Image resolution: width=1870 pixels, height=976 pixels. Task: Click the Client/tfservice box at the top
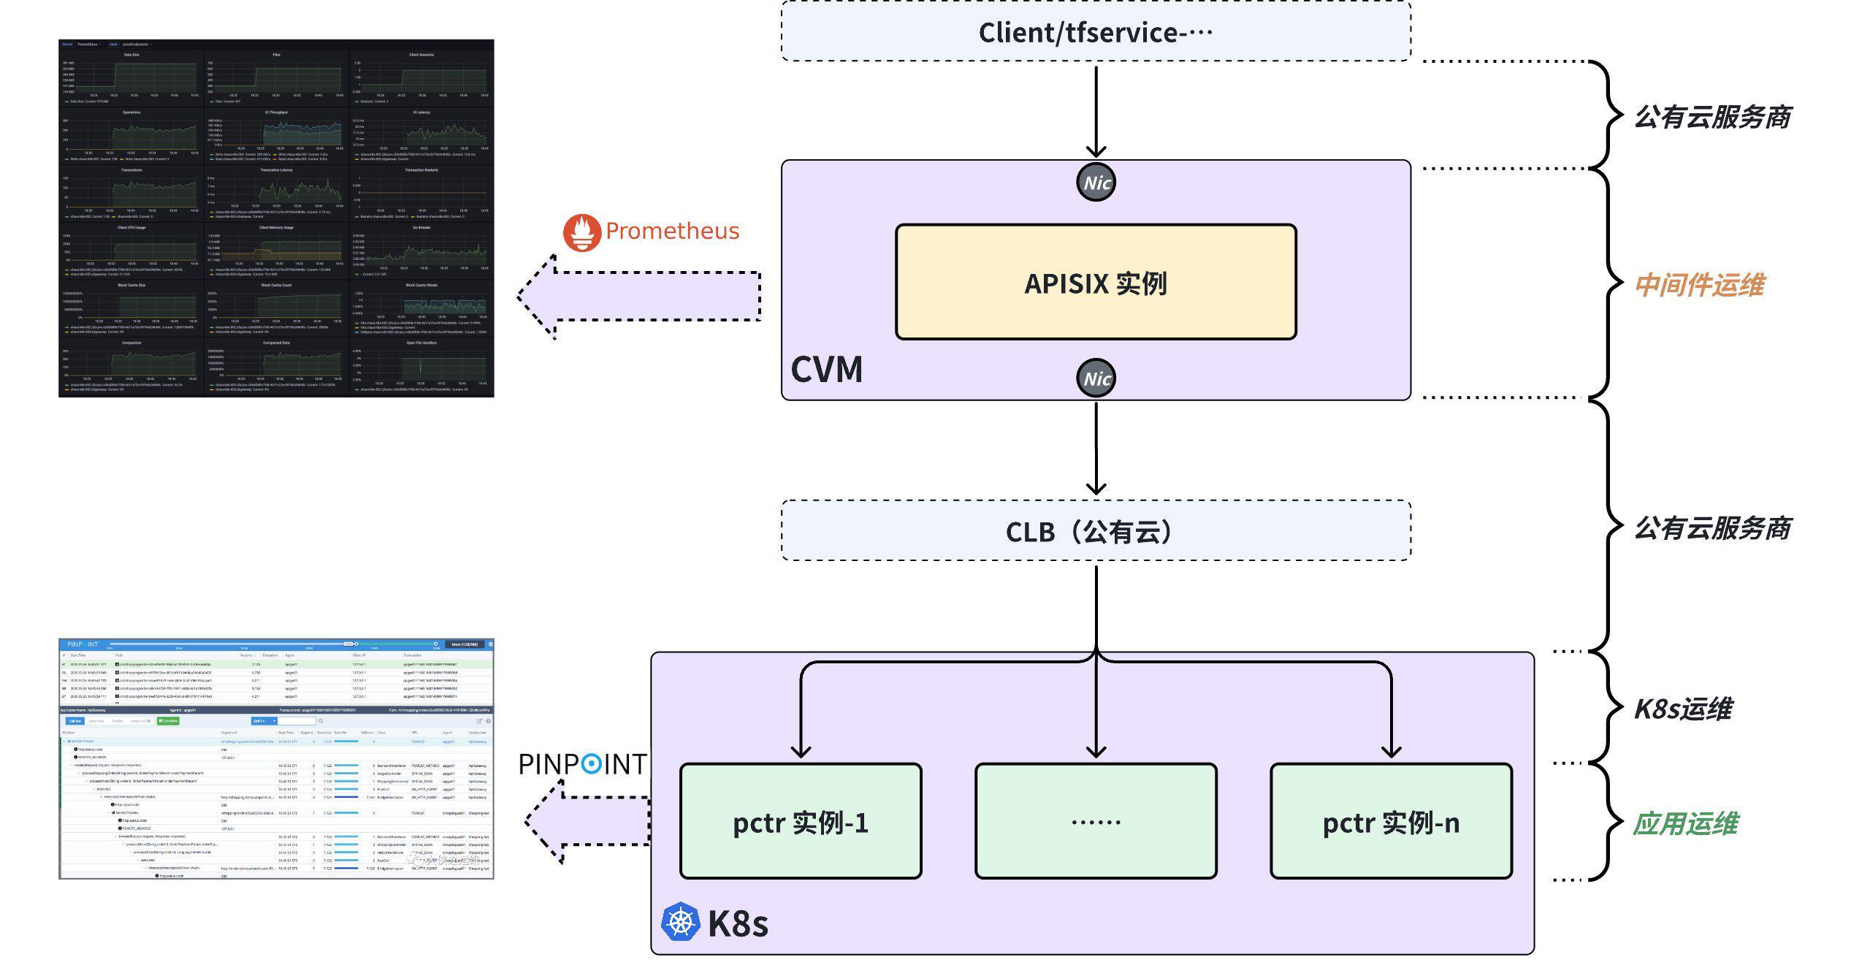click(x=1096, y=32)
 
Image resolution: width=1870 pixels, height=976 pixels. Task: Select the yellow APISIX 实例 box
click(x=1096, y=282)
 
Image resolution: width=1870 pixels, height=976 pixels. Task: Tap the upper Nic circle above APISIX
click(x=1096, y=183)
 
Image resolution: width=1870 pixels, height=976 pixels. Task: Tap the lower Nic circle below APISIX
click(x=1096, y=378)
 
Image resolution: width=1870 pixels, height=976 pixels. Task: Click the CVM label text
click(x=826, y=370)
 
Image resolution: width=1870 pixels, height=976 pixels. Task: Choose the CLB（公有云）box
click(x=1096, y=531)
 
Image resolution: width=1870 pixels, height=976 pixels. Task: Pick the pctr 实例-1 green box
click(x=801, y=822)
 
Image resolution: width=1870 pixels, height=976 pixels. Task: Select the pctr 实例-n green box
click(x=1391, y=822)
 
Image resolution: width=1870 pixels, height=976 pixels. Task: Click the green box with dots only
click(x=1096, y=822)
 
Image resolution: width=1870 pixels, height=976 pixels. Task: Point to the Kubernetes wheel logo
click(x=680, y=921)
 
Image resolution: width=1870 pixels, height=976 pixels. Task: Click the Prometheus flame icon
click(x=581, y=232)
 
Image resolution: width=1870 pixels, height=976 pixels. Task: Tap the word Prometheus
click(x=672, y=231)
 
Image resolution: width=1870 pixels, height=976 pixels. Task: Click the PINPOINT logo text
click(x=582, y=764)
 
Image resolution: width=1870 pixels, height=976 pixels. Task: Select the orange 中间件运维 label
click(x=1699, y=285)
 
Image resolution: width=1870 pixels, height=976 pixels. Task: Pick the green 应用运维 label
click(x=1685, y=823)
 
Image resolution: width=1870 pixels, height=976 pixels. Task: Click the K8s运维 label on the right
click(x=1683, y=709)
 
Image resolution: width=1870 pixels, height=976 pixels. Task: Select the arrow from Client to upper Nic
click(x=1096, y=110)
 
